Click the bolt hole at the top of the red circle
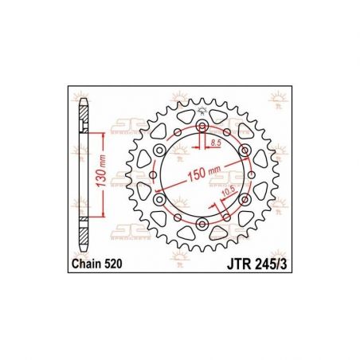pyautogui.click(x=202, y=127)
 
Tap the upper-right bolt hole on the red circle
pyautogui.click(x=244, y=151)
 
